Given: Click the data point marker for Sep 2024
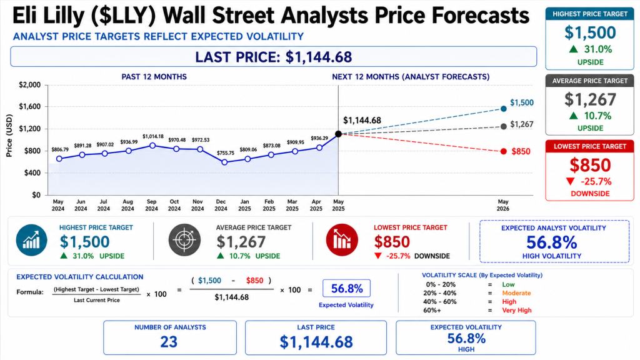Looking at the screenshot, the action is click(x=152, y=146).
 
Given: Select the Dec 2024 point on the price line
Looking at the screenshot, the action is click(x=224, y=162).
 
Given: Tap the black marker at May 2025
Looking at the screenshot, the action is click(x=338, y=134).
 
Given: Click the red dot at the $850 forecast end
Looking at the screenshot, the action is click(x=504, y=151).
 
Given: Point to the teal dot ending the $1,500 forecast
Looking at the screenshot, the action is click(x=504, y=109).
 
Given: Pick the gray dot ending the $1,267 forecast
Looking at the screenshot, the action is click(x=504, y=126).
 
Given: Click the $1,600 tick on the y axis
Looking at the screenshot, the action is click(x=30, y=106).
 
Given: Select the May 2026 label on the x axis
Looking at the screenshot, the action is click(x=503, y=205).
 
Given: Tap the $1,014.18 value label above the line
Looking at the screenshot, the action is click(x=153, y=136).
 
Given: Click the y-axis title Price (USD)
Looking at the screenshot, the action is click(x=9, y=136).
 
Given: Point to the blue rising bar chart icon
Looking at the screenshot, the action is click(x=31, y=240).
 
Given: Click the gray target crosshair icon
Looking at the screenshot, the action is click(x=184, y=240).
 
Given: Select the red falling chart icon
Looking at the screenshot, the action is click(x=342, y=240).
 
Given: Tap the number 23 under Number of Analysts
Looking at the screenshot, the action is click(x=169, y=342).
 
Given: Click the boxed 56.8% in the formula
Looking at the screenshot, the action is click(x=346, y=289).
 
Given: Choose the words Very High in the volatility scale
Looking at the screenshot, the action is click(x=517, y=310).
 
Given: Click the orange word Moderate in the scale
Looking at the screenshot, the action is click(x=516, y=293).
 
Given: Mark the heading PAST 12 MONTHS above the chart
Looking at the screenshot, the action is click(x=154, y=77).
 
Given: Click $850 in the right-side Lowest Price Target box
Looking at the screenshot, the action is click(x=590, y=165).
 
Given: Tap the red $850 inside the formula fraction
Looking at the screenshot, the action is click(x=255, y=281).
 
